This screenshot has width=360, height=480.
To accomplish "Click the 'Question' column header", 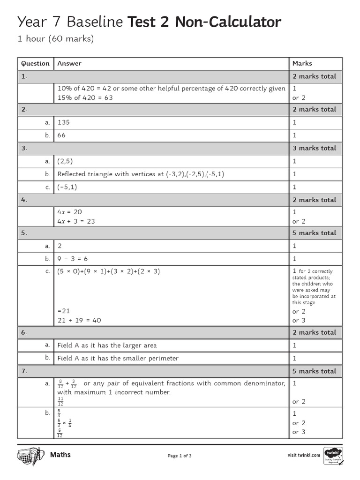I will tap(35, 63).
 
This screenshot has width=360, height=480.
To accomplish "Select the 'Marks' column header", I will tap(302, 63).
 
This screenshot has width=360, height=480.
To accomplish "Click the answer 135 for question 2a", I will tap(63, 122).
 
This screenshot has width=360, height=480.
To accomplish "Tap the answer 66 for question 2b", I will tap(61, 135).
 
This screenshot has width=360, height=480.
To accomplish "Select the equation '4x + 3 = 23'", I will tap(76, 221).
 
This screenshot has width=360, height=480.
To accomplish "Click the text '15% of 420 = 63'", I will tap(85, 97).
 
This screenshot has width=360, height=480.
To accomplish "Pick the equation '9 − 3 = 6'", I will tap(73, 259).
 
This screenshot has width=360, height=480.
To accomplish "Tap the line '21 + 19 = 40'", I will tap(79, 320).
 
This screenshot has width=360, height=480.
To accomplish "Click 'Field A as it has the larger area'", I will tap(107, 345).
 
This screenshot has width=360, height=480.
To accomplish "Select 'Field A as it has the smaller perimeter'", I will tap(118, 358).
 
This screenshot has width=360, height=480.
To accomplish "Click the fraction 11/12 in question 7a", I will tap(60, 401).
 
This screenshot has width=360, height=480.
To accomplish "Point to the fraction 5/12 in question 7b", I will tap(60, 433).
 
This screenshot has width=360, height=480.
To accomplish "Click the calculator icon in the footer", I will tap(30, 456).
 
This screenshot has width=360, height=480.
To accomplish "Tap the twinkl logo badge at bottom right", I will tap(333, 456).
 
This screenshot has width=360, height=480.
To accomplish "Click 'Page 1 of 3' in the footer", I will tap(180, 456).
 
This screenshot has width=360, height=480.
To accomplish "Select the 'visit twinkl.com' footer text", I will tap(304, 455).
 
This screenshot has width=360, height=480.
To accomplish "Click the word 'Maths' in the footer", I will tap(60, 455).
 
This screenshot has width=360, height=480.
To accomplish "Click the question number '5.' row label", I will tap(24, 233).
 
